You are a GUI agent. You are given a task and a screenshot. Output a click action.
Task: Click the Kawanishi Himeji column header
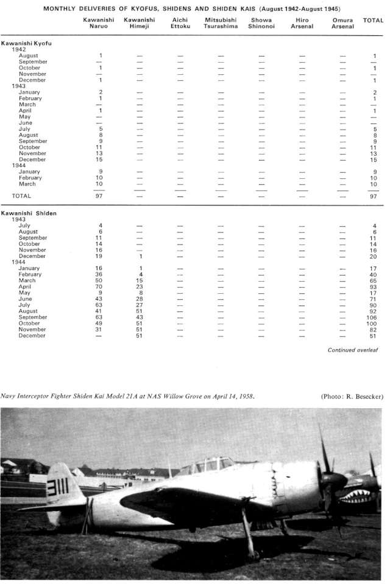139,23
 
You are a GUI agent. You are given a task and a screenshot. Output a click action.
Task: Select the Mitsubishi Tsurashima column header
221,23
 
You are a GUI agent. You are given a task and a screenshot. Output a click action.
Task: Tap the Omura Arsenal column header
342,23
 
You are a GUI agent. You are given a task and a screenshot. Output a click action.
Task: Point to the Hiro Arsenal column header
302,23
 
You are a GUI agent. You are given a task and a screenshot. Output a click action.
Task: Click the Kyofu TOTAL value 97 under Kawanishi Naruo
100,196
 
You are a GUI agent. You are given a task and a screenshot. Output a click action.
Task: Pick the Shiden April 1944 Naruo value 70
100,287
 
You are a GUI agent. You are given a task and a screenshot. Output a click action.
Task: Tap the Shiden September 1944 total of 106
372,317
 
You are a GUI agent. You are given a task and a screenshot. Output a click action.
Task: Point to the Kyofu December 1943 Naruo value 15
100,159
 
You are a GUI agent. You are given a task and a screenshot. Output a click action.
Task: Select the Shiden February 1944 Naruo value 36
100,274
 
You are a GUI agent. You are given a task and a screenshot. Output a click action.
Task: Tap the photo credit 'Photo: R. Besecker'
352,397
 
